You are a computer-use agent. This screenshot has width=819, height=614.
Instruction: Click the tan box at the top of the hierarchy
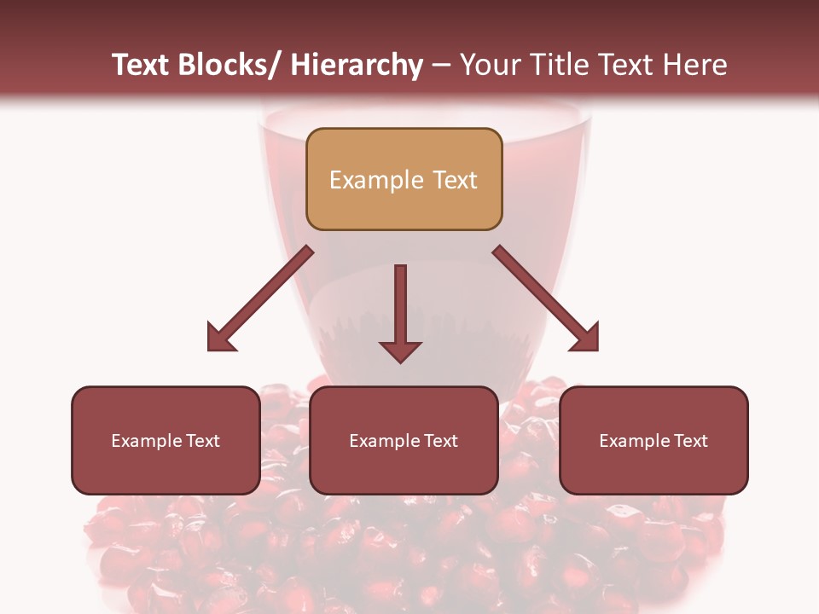pyautogui.click(x=404, y=179)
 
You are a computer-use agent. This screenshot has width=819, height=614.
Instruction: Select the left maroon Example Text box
pyautogui.click(x=166, y=440)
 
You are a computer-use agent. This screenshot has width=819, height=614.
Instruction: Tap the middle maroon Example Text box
pyautogui.click(x=404, y=440)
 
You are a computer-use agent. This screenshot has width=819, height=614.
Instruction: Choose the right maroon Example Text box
pyautogui.click(x=653, y=440)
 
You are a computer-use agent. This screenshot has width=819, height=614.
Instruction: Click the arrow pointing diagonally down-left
pyautogui.click(x=259, y=299)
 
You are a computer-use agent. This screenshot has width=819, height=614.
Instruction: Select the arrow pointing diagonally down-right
pyautogui.click(x=546, y=298)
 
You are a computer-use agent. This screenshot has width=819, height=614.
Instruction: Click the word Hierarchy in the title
pyautogui.click(x=357, y=65)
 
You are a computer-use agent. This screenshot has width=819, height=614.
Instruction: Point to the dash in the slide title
pyautogui.click(x=441, y=65)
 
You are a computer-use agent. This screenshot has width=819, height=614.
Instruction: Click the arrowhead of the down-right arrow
pyautogui.click(x=585, y=338)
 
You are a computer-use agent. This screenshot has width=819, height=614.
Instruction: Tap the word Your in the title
pyautogui.click(x=490, y=65)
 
